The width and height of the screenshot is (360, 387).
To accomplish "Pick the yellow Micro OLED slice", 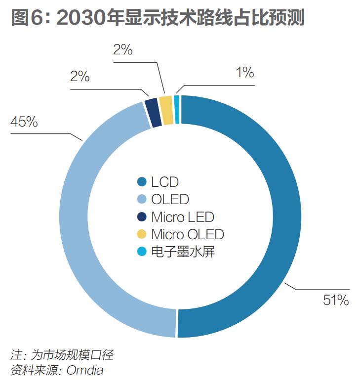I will pyautogui.click(x=166, y=102).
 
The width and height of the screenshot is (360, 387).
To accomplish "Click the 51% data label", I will pyautogui.click(x=335, y=300).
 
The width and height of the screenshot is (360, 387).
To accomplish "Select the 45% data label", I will pyautogui.click(x=24, y=122).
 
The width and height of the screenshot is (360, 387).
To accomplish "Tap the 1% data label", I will pyautogui.click(x=244, y=73).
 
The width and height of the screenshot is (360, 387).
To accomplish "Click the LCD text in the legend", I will pyautogui.click(x=165, y=182).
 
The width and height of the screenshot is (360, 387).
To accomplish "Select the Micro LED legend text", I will pyautogui.click(x=183, y=216).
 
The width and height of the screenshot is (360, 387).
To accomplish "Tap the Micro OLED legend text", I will pyautogui.click(x=188, y=234).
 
